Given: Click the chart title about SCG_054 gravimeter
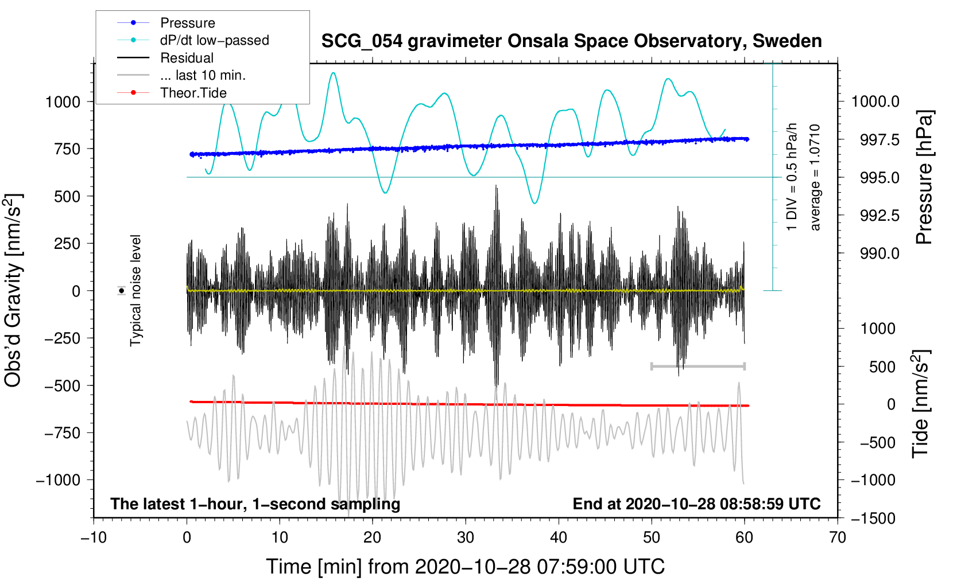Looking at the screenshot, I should pos(571,41).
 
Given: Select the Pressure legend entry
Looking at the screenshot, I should pos(187,23).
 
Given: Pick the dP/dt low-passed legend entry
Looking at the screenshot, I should pos(214,40).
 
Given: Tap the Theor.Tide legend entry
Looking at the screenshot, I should pos(193,93).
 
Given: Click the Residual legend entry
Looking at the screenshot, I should pos(187,58).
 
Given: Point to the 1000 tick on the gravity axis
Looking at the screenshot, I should pos(63,102).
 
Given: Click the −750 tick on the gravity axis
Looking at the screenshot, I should pos(63,433).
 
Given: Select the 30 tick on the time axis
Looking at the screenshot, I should pos(465,537).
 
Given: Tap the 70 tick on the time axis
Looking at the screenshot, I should pos(837,537).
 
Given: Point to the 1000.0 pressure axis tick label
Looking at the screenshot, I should pos(875,102).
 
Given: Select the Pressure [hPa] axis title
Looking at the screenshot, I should pos(924,178).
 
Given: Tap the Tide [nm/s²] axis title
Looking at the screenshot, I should pos(921,404).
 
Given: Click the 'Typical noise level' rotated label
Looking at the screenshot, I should pos(135,291).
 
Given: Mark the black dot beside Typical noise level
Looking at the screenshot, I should pos(122,291).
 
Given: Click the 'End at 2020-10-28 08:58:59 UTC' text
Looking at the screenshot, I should pos(696,504).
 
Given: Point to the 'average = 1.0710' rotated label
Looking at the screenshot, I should pos(815,178).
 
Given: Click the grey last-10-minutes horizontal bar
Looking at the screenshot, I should pos(698,366).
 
